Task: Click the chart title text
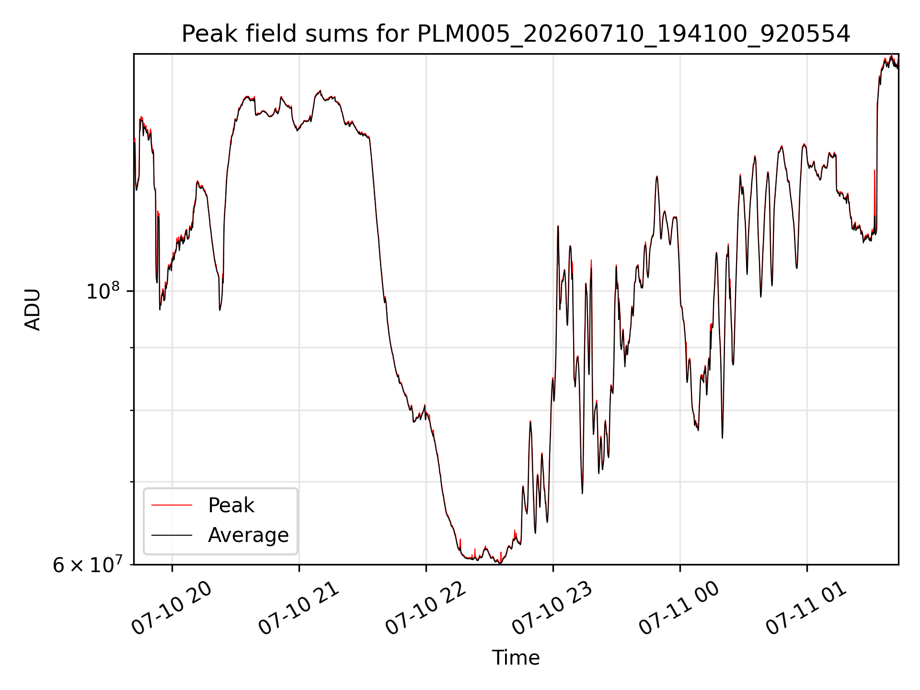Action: pyautogui.click(x=516, y=34)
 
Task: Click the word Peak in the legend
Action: pyautogui.click(x=231, y=506)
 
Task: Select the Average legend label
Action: pyautogui.click(x=248, y=535)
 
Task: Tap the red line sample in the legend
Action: pyautogui.click(x=172, y=505)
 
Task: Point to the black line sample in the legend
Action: pyautogui.click(x=172, y=535)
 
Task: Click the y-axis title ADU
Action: pyautogui.click(x=33, y=310)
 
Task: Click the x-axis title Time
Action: pyautogui.click(x=516, y=658)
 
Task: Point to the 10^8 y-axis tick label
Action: pyautogui.click(x=103, y=291)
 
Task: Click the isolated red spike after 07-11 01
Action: pyautogui.click(x=874, y=196)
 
